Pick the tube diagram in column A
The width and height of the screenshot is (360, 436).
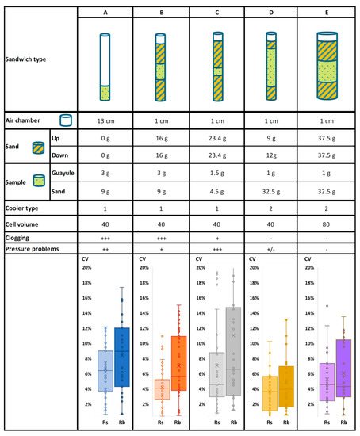[x=105, y=66]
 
